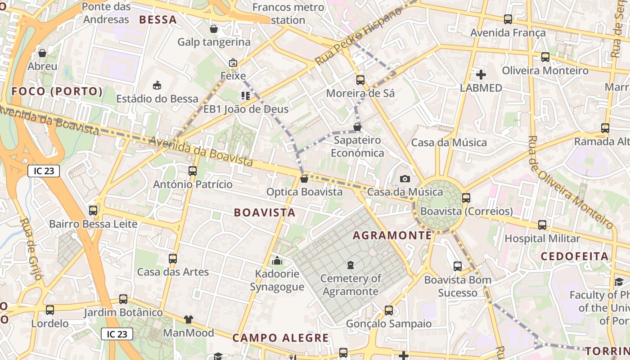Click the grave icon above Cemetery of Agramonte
(x=351, y=265)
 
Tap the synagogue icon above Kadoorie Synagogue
(x=277, y=261)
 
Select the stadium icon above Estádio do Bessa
(x=157, y=85)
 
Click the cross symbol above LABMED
(x=481, y=74)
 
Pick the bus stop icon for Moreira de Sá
(x=360, y=80)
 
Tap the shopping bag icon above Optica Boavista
(x=304, y=179)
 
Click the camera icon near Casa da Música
(x=405, y=179)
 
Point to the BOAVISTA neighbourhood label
(x=265, y=213)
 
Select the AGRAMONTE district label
(x=392, y=235)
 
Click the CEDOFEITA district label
(x=575, y=256)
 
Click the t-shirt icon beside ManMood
(x=188, y=319)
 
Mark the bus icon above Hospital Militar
(x=542, y=225)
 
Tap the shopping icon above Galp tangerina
(x=214, y=29)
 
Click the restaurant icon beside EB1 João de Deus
(x=245, y=95)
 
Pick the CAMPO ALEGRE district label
(x=280, y=338)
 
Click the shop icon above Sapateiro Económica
(x=357, y=127)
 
